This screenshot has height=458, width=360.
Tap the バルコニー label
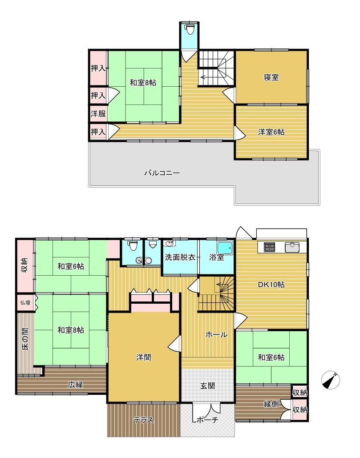click(x=162, y=173)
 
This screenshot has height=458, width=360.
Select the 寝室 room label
click(x=271, y=77)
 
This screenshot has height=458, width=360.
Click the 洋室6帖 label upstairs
click(x=271, y=132)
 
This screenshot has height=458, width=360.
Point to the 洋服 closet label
click(x=98, y=113)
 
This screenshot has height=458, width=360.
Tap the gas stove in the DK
click(x=269, y=247)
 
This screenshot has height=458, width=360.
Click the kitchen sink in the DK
click(x=291, y=247)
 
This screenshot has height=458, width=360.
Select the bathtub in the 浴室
click(x=225, y=248)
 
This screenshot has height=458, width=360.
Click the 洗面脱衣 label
click(x=180, y=257)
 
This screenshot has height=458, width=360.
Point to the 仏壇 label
click(x=25, y=303)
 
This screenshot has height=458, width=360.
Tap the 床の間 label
click(x=25, y=339)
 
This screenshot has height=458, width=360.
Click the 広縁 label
click(x=75, y=385)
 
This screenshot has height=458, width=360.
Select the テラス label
click(x=143, y=420)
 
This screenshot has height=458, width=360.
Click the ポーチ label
click(x=207, y=420)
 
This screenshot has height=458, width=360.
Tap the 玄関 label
click(x=207, y=386)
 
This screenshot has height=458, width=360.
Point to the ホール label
click(x=217, y=335)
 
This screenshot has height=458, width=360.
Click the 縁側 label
click(x=271, y=404)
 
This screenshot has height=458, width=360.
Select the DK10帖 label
click(x=271, y=285)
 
